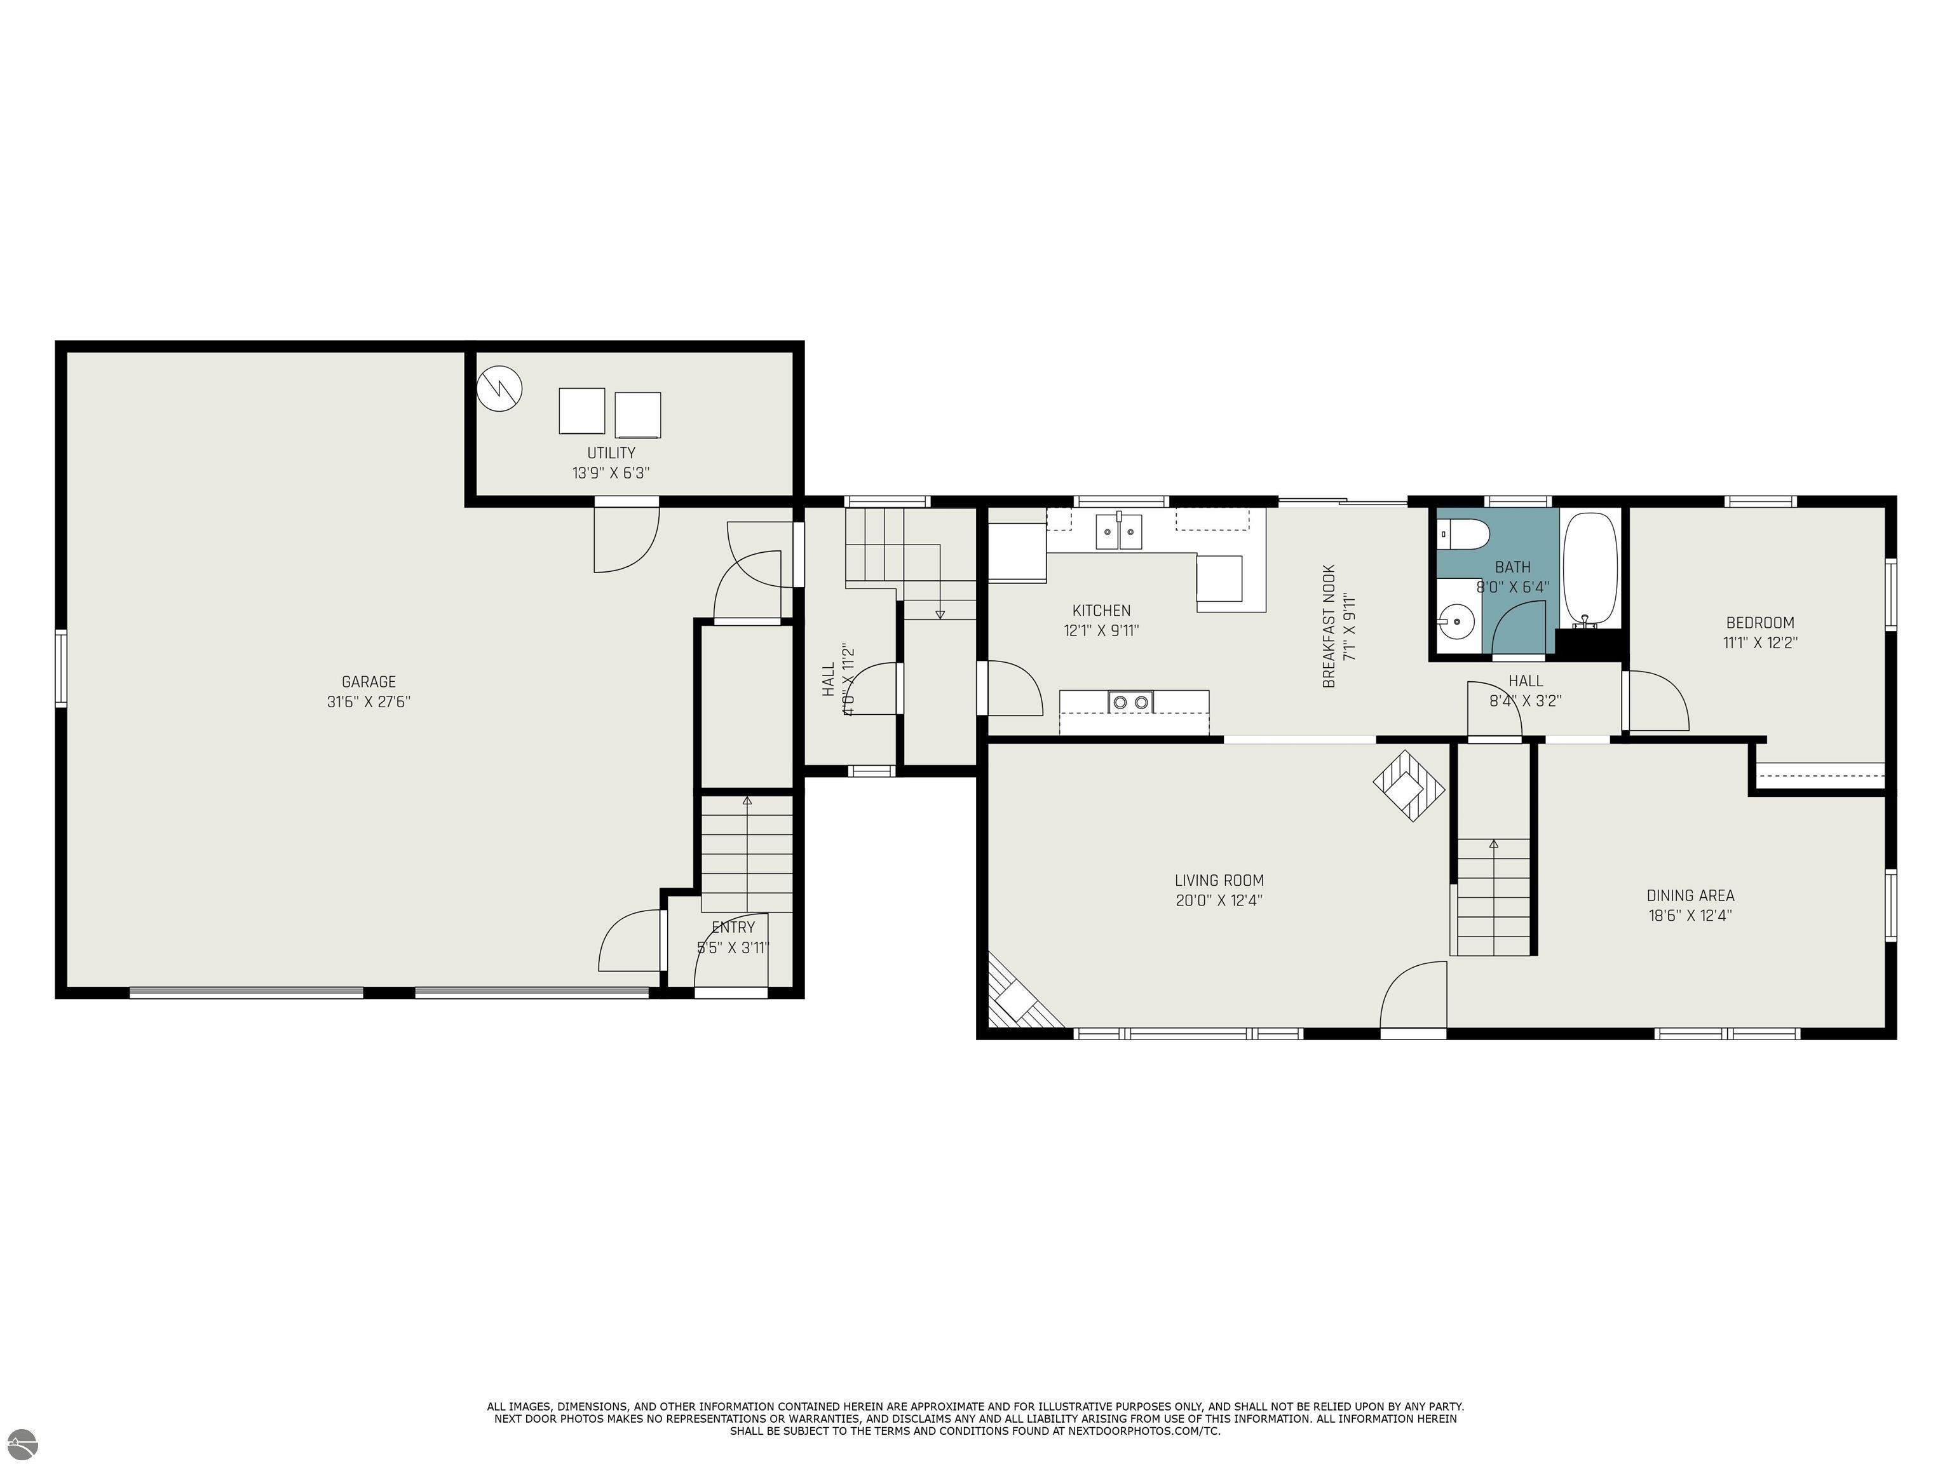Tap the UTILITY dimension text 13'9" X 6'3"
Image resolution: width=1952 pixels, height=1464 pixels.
tap(611, 473)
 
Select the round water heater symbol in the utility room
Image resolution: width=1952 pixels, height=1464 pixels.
tap(499, 388)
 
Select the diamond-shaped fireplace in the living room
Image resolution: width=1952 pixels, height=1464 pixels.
tap(1409, 785)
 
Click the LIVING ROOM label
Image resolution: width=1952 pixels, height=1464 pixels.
tap(1219, 880)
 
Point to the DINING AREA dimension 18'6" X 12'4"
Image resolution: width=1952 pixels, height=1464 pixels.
tap(1690, 915)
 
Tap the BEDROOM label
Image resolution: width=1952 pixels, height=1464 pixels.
tap(1759, 622)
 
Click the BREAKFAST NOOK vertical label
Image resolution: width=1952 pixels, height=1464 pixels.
tap(1329, 626)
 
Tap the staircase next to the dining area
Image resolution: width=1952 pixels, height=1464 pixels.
tap(1493, 896)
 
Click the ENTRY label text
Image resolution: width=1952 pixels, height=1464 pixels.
tap(733, 928)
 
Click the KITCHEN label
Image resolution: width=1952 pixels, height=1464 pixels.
tap(1101, 611)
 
